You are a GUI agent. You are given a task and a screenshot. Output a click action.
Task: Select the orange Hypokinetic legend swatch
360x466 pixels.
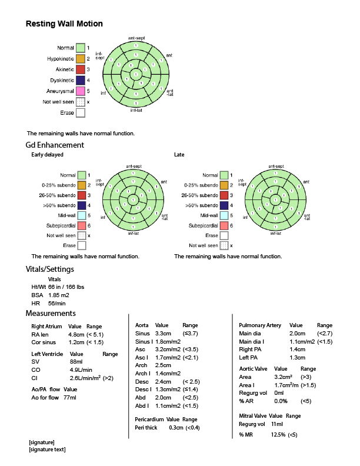coord(81,59)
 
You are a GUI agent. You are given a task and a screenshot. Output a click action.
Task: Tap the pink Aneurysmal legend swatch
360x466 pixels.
coord(81,91)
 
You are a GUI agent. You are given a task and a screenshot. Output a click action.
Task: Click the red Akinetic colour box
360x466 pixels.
coord(81,69)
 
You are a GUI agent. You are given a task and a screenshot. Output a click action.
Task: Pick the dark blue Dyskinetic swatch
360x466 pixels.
coord(81,80)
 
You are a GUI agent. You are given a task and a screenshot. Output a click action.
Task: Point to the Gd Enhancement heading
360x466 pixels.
coord(55,145)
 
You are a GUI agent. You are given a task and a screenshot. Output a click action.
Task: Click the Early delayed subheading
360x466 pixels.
coord(47,155)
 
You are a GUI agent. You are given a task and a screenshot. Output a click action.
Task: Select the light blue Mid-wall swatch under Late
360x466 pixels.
coord(224,215)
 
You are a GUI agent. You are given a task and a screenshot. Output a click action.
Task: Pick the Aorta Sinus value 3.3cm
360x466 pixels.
coord(163,333)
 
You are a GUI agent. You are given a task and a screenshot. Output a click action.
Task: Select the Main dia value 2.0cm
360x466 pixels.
coord(297,333)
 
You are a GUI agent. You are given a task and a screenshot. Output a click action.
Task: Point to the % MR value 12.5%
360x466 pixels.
coord(278,435)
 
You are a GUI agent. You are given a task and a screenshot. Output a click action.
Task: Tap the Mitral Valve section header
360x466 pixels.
coord(254,415)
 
